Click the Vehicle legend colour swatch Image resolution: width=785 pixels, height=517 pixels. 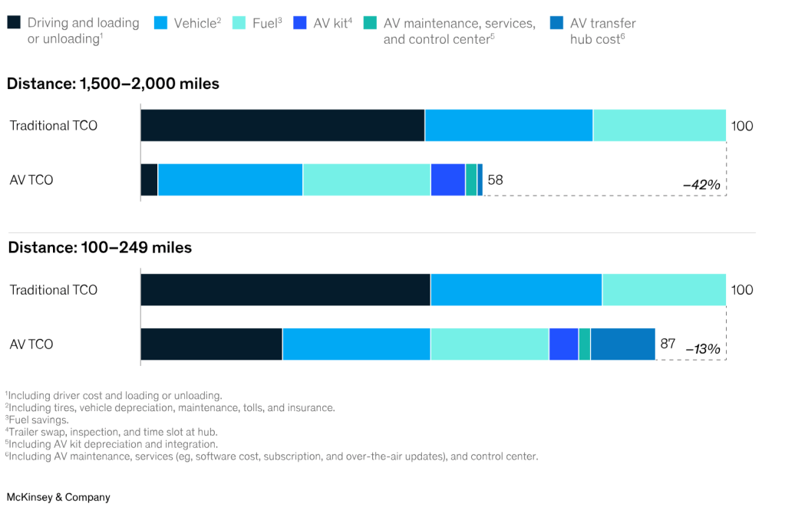click(x=160, y=23)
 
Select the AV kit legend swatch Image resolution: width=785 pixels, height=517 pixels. click(x=299, y=23)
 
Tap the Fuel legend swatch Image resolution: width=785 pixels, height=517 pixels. click(x=239, y=23)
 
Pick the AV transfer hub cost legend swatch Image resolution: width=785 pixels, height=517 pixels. click(x=556, y=23)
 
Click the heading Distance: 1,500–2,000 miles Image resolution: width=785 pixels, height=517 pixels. click(x=113, y=84)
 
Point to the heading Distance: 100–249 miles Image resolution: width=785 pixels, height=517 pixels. click(x=99, y=248)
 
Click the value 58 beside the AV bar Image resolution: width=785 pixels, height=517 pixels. click(x=495, y=180)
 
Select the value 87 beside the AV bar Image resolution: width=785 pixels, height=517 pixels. click(x=668, y=344)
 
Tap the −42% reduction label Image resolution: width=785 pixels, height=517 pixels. click(x=701, y=185)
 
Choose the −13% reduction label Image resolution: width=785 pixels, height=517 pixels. click(x=702, y=349)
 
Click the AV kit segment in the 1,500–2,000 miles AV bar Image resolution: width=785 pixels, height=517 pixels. click(x=448, y=179)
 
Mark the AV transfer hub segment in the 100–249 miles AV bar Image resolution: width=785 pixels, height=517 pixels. click(x=622, y=344)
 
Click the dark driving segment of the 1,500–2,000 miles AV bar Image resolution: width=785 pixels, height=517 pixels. click(x=149, y=179)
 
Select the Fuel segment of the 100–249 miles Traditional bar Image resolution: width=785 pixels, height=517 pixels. click(x=664, y=290)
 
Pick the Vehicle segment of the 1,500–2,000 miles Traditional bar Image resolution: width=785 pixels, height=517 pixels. click(x=509, y=125)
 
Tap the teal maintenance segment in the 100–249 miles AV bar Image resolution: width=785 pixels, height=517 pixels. click(x=585, y=344)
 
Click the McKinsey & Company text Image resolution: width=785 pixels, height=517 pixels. click(x=58, y=497)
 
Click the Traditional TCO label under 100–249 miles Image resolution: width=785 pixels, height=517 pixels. click(x=54, y=290)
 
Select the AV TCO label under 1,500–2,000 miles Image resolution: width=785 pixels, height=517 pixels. click(x=31, y=180)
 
